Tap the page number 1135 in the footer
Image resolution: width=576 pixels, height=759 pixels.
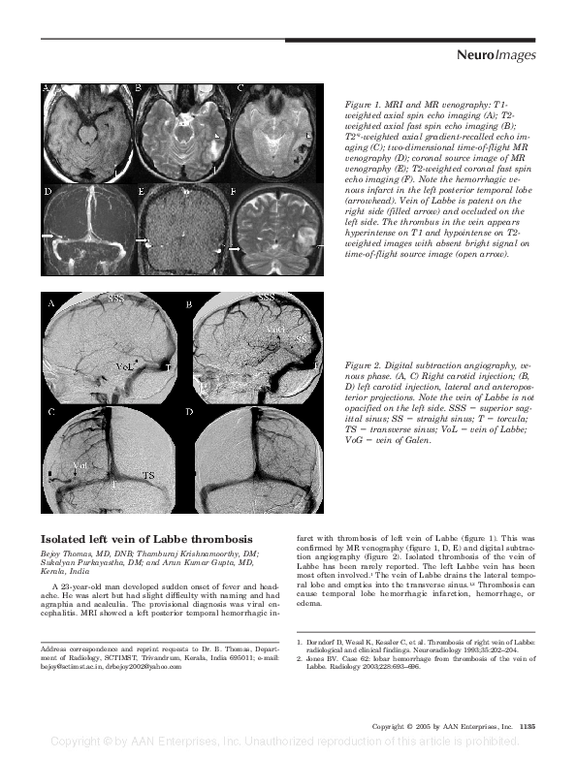point(527,726)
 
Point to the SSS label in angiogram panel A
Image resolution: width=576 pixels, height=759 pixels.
point(116,299)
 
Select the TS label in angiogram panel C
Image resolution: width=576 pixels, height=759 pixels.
point(148,476)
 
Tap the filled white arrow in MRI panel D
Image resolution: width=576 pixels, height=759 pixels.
point(48,236)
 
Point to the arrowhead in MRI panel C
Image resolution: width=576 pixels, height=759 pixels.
point(308,136)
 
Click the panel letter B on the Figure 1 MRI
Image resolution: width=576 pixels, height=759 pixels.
point(142,89)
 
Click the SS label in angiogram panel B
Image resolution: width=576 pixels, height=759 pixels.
point(302,338)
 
